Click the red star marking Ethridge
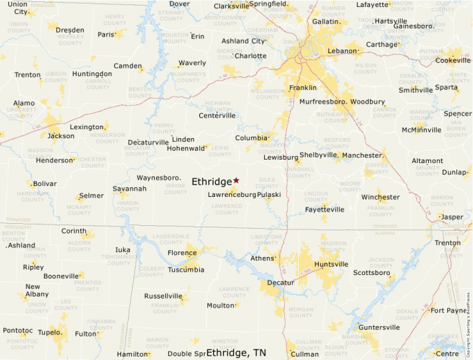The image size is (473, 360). (x=236, y=180)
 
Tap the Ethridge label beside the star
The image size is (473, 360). (x=211, y=182)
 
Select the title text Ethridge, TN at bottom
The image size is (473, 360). (x=236, y=352)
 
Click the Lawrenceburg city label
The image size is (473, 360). (x=232, y=195)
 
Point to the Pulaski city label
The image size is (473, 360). (x=269, y=195)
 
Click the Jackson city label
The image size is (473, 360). (x=61, y=135)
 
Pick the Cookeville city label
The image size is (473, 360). (x=452, y=60)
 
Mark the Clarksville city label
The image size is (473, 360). (x=231, y=6)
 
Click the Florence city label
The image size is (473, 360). (x=183, y=253)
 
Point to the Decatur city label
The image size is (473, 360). (x=281, y=283)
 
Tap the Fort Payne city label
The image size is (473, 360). (x=448, y=310)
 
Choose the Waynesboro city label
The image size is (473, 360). (x=158, y=178)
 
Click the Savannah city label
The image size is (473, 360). (x=130, y=189)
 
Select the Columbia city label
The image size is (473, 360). (x=251, y=138)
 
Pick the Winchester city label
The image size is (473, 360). (x=380, y=197)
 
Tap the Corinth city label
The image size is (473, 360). (x=74, y=231)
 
